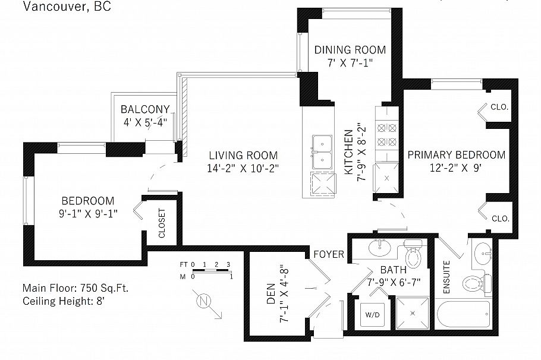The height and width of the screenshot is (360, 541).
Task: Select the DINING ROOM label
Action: point(350,50)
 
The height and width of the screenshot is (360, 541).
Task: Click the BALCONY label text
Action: point(145,109)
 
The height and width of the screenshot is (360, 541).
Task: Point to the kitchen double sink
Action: point(322,151)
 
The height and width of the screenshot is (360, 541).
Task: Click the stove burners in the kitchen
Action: point(381,134)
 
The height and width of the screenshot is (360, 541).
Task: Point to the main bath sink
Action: point(378,247)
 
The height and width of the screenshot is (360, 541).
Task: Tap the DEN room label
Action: point(271,292)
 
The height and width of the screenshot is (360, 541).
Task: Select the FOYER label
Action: point(329,254)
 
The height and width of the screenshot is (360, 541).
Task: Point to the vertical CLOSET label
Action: point(162,223)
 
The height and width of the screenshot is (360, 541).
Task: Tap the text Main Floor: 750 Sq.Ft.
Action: point(76,288)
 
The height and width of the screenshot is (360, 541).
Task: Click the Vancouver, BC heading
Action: point(67,7)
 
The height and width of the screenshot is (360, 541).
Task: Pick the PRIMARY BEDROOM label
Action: point(456,155)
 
